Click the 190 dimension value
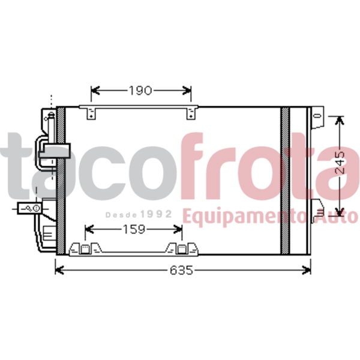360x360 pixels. pos(140,91)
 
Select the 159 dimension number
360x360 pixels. pos(134,229)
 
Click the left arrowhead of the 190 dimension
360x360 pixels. pos(94,91)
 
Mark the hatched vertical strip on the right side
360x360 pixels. pos(285,180)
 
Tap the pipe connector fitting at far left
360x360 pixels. pos(28,208)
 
